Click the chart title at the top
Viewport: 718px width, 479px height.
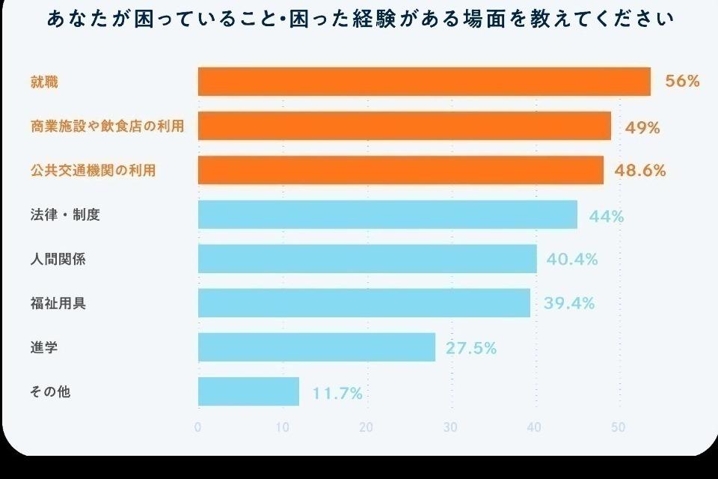point(359,19)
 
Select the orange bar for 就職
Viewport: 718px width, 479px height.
point(424,82)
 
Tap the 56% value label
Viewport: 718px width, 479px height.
point(682,82)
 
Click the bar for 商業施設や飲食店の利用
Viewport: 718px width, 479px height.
point(405,126)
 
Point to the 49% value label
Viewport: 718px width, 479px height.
point(642,127)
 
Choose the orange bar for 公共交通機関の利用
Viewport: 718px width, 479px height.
point(401,170)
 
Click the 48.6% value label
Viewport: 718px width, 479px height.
point(639,171)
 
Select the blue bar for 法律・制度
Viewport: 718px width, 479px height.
point(387,214)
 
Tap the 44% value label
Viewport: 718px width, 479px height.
point(607,217)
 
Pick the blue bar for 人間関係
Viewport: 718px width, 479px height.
point(367,259)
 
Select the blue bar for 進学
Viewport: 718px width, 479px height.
point(316,347)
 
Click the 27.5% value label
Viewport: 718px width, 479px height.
point(471,348)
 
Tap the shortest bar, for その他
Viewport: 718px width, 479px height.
point(248,391)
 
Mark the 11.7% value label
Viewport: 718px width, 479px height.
point(337,393)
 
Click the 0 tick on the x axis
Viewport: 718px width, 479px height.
point(197,427)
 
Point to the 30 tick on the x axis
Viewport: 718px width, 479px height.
point(450,427)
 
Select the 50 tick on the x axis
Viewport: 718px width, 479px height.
point(618,427)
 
